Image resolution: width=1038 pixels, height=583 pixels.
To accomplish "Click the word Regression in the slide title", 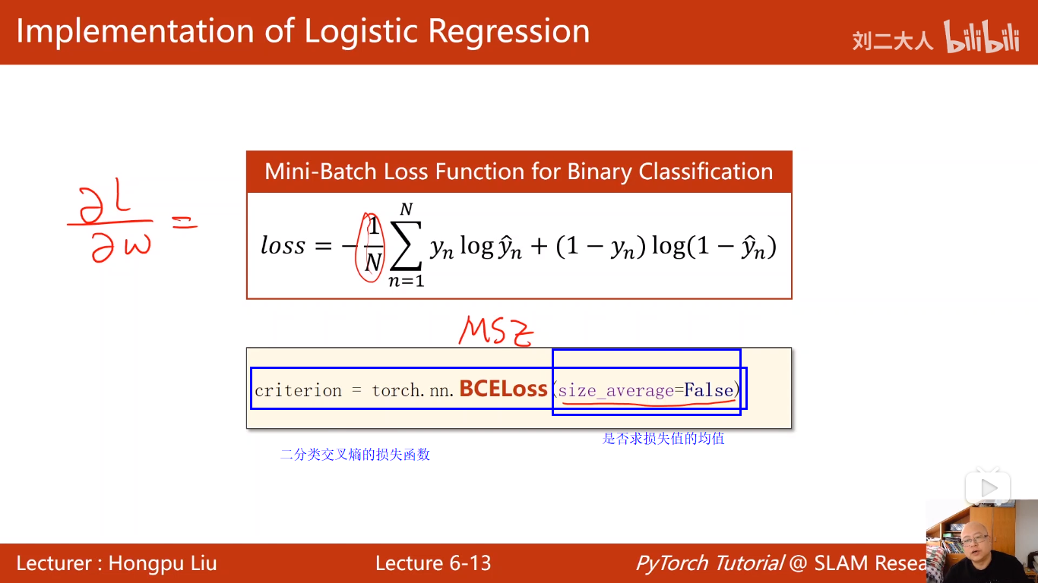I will pyautogui.click(x=509, y=32).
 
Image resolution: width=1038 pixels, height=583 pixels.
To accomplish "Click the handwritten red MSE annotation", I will pyautogui.click(x=496, y=331).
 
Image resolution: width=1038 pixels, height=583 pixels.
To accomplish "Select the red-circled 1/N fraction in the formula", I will pyautogui.click(x=372, y=246).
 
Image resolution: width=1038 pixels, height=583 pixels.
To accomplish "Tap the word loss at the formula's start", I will pyautogui.click(x=283, y=246).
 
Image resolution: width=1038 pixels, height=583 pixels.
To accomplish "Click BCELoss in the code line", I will pyautogui.click(x=503, y=389).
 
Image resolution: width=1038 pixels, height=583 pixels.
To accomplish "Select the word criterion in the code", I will pyautogui.click(x=298, y=391).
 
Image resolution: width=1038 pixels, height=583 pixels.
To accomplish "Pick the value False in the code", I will pyautogui.click(x=708, y=391).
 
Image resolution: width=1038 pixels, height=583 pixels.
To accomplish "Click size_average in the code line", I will pyautogui.click(x=616, y=391).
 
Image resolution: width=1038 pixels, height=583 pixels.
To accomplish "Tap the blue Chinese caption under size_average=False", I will pyautogui.click(x=663, y=439).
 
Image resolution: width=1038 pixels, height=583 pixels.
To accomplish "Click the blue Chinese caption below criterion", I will pyautogui.click(x=355, y=455).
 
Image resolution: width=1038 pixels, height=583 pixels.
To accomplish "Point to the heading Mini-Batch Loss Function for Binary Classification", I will pyautogui.click(x=518, y=172).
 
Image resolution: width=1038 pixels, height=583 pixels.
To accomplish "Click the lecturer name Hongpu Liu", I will pyautogui.click(x=163, y=563).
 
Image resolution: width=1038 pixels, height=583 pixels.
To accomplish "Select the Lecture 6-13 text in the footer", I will pyautogui.click(x=433, y=563).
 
